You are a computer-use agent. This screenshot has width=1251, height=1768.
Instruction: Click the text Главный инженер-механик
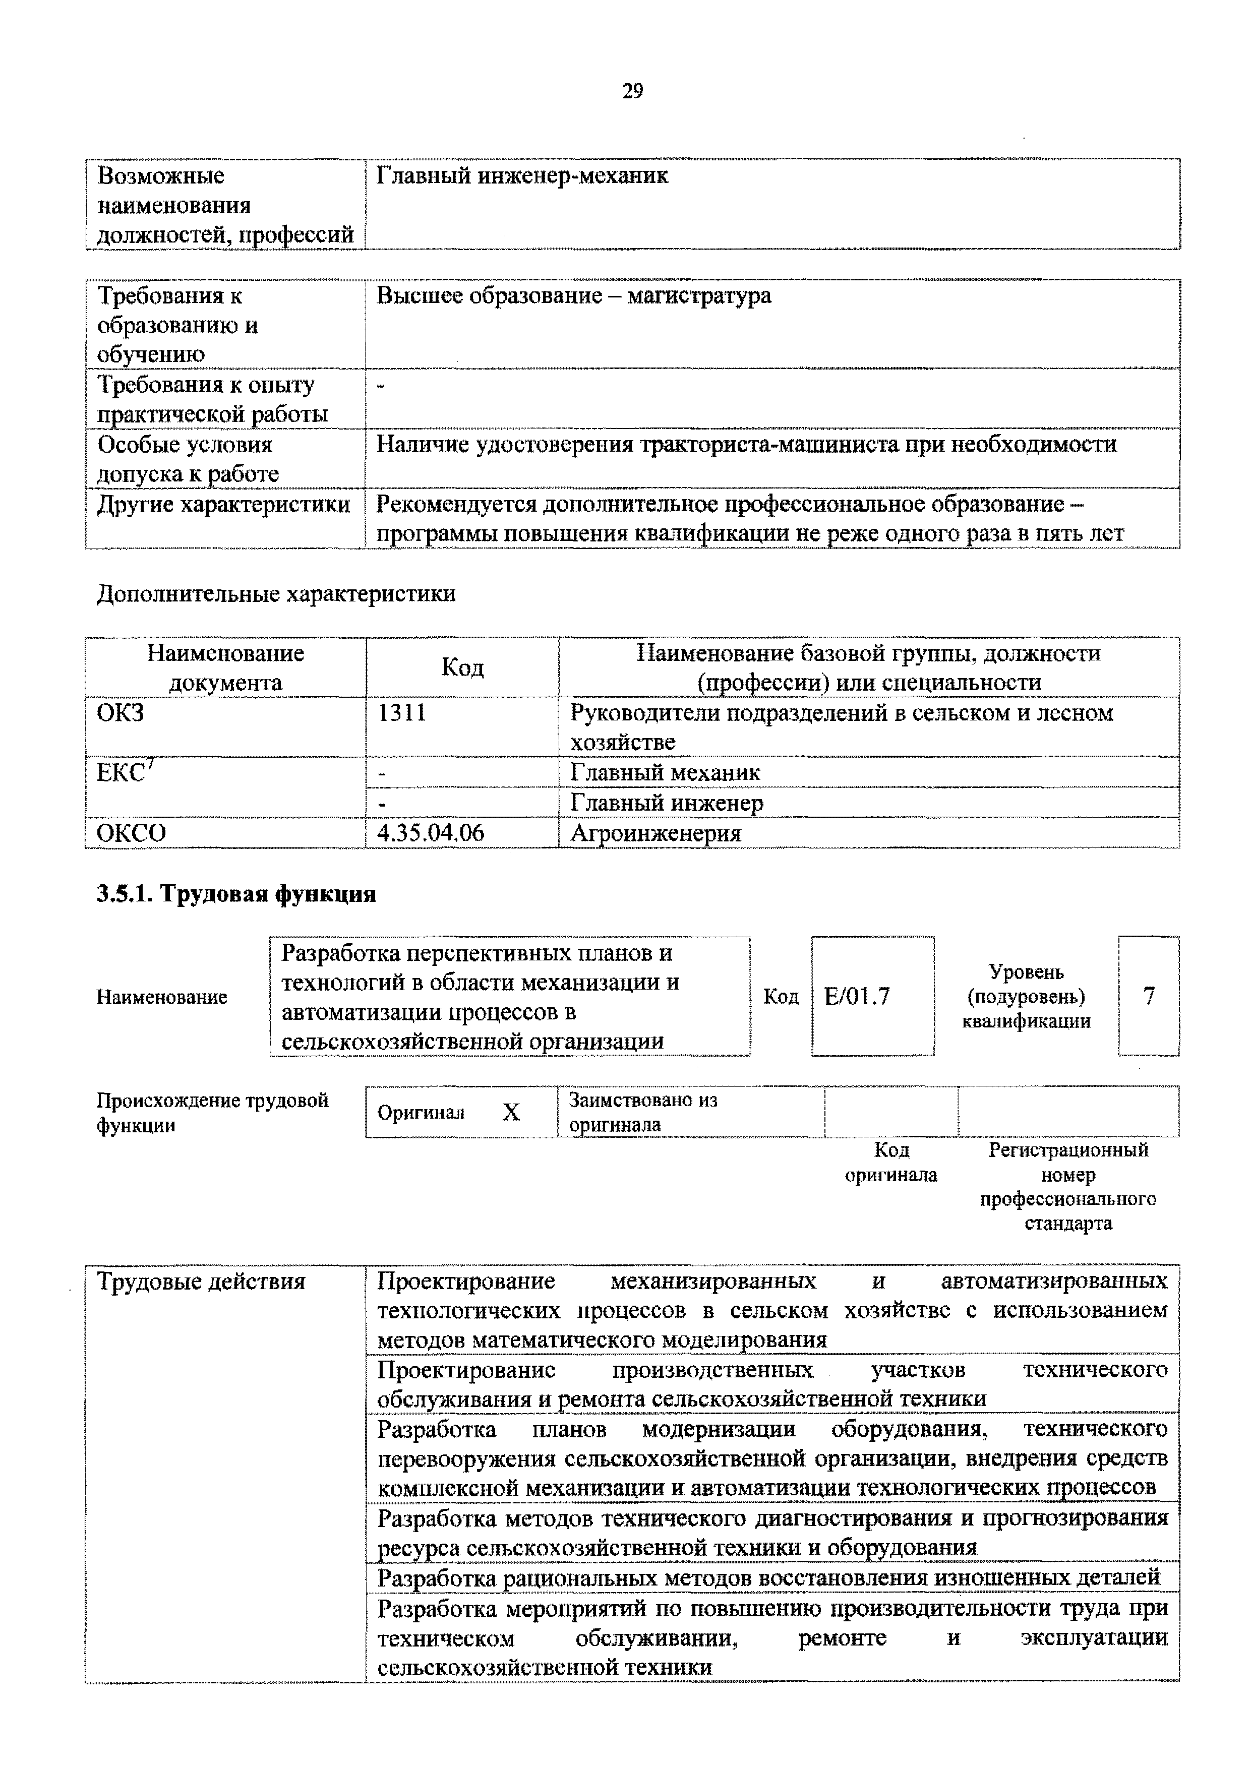click(521, 176)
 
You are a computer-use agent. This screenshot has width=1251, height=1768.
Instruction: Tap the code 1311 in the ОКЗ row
click(401, 712)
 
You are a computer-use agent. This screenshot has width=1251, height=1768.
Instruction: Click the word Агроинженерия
click(655, 833)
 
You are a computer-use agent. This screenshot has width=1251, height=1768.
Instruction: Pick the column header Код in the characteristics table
click(462, 667)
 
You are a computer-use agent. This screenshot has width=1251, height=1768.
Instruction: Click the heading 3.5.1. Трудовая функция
click(235, 894)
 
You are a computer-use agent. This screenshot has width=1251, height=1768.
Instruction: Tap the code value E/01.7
click(857, 997)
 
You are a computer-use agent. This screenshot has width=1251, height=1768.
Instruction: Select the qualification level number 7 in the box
click(1149, 997)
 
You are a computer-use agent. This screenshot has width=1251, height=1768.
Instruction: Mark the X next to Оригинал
click(511, 1112)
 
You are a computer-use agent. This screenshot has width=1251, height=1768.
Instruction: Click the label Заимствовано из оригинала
click(642, 1112)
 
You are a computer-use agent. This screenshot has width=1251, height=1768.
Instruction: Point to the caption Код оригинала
click(891, 1162)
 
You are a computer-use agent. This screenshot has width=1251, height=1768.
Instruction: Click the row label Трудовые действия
click(201, 1282)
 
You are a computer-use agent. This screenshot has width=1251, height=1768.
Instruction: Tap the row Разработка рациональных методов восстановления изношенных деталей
click(768, 1578)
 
